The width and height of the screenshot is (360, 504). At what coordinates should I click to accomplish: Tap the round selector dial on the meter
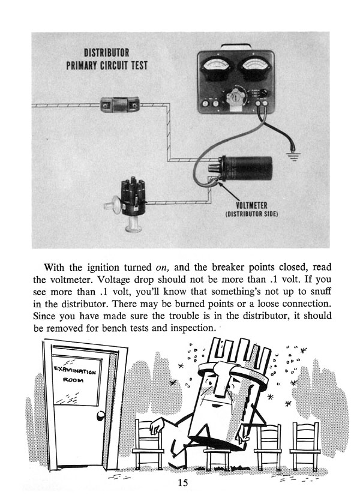236,95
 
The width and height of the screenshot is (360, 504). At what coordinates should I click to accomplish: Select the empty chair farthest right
305,444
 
